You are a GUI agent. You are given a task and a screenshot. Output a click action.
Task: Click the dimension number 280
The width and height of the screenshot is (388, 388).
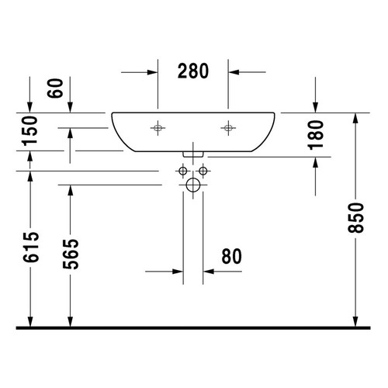[x=193, y=71]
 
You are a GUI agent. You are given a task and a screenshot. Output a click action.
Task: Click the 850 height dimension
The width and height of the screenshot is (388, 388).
[x=356, y=220]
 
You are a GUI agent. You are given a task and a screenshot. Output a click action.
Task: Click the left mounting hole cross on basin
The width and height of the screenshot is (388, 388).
[x=158, y=127]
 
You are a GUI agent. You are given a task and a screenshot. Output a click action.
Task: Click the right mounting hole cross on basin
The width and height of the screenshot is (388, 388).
[x=228, y=127]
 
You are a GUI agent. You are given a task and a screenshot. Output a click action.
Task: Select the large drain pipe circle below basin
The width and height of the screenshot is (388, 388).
[x=193, y=185]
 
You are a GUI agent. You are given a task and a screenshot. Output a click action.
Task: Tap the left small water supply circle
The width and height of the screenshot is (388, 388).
[x=183, y=170]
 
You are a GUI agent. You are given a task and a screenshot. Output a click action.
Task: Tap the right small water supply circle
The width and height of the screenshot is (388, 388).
[x=203, y=170]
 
